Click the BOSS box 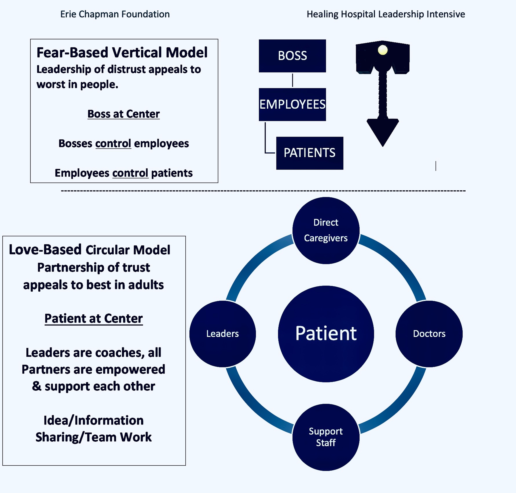(x=292, y=56)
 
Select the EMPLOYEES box (x=292, y=104)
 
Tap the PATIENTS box (x=309, y=153)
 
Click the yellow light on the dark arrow (x=383, y=50)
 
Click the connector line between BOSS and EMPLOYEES (x=292, y=80)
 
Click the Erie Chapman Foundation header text (x=115, y=14)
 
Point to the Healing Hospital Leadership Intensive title (x=386, y=14)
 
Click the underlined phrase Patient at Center (x=94, y=319)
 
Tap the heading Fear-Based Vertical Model (x=122, y=53)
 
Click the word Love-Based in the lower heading (x=45, y=250)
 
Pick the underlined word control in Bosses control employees (x=113, y=143)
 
